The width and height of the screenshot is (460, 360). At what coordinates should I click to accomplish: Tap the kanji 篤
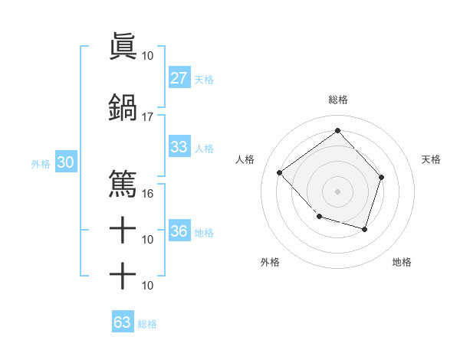[x=123, y=183]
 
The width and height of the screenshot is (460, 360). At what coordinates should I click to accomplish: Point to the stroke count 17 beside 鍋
[x=148, y=117]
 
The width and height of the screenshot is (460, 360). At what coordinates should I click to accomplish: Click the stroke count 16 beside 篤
[x=148, y=194]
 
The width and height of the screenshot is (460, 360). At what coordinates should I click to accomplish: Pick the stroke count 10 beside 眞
[x=148, y=56]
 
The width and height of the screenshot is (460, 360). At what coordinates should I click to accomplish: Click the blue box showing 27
[x=179, y=78]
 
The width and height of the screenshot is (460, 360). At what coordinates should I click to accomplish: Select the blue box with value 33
[x=179, y=147]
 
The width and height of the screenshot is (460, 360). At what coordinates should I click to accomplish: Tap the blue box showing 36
[x=179, y=231]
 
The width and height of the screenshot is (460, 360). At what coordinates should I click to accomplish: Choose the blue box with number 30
[x=65, y=162]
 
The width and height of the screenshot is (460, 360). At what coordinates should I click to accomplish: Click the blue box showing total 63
[x=122, y=322]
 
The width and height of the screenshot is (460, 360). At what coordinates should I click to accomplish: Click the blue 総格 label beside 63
[x=148, y=324]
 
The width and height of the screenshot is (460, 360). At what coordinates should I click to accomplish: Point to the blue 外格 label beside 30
[x=41, y=163]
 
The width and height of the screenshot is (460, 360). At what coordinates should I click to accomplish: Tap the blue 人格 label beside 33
[x=204, y=148]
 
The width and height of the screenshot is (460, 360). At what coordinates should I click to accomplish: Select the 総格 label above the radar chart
[x=337, y=100]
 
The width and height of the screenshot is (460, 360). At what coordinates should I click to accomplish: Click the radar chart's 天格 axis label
[x=432, y=159]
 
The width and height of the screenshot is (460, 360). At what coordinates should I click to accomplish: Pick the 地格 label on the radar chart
[x=402, y=262]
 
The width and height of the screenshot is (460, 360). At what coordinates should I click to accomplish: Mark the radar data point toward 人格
[x=281, y=172]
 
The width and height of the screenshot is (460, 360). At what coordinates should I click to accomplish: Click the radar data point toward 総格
[x=337, y=130]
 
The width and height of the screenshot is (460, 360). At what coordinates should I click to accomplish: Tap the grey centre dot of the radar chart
[x=337, y=191]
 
